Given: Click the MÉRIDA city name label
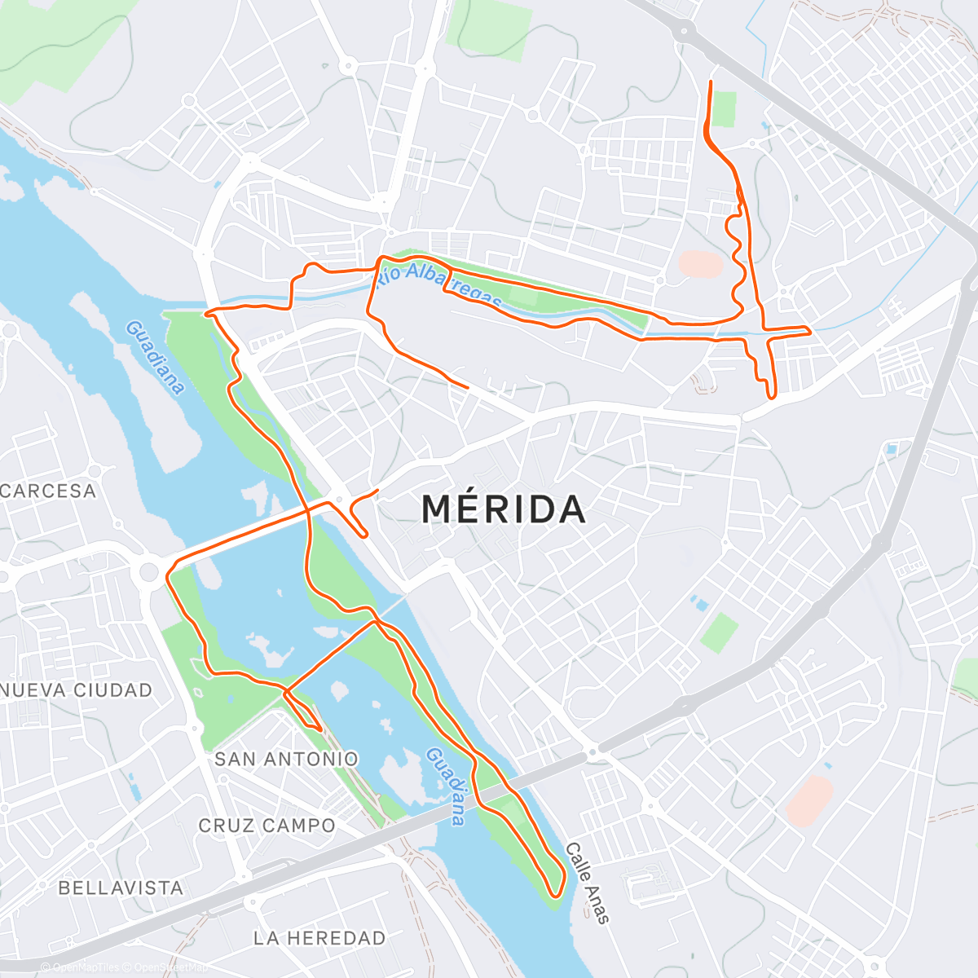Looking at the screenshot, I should click(504, 510).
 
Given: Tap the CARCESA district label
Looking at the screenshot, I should click(49, 491).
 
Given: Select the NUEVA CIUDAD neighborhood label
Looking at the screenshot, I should click(77, 690).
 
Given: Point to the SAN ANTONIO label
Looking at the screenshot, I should click(286, 759).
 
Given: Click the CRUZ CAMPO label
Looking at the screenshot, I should click(267, 826).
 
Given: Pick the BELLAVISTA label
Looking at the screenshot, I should click(121, 888).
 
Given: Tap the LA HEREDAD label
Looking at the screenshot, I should click(319, 938).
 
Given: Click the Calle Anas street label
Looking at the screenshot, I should click(587, 883).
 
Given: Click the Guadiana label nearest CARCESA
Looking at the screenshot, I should click(155, 357).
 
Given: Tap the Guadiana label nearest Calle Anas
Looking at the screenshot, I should click(447, 786).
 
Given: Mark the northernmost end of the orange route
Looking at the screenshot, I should click(711, 82).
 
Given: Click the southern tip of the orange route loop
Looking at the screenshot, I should click(554, 895).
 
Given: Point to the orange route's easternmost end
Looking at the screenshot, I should click(808, 330).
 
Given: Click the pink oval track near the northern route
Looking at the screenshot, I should click(701, 264).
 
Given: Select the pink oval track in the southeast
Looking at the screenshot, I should click(809, 800).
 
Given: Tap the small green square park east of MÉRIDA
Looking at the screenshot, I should click(719, 632).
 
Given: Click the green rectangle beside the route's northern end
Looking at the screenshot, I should click(723, 109).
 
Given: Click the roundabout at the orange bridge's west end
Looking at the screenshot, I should click(148, 570).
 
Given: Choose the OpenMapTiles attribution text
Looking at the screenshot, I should click(86, 967).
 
